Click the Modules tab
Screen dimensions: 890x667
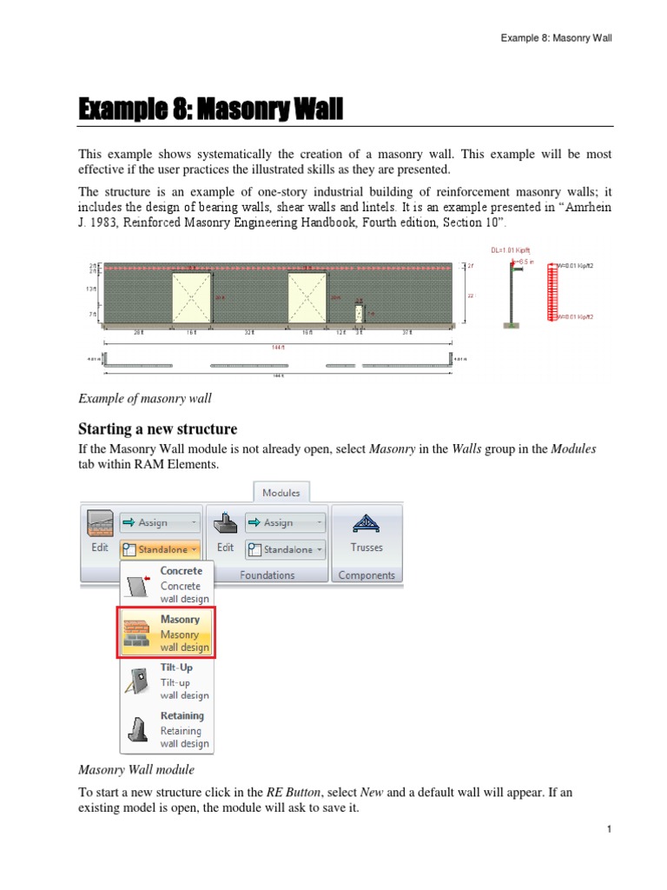pyautogui.click(x=282, y=492)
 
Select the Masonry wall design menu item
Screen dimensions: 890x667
pyautogui.click(x=166, y=633)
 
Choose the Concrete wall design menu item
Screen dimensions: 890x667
pyautogui.click(x=166, y=585)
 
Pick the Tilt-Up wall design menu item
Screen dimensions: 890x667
pyautogui.click(x=166, y=681)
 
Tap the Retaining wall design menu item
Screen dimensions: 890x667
pyautogui.click(x=166, y=729)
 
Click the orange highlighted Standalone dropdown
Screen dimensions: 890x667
pyautogui.click(x=160, y=549)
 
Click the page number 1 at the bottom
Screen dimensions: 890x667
pyautogui.click(x=610, y=829)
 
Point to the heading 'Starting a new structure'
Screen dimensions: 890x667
pyautogui.click(x=157, y=429)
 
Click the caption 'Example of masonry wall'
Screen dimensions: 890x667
pyautogui.click(x=145, y=398)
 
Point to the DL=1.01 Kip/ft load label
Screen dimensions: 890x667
pyautogui.click(x=525, y=249)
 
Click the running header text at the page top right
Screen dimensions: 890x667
pyautogui.click(x=556, y=39)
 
